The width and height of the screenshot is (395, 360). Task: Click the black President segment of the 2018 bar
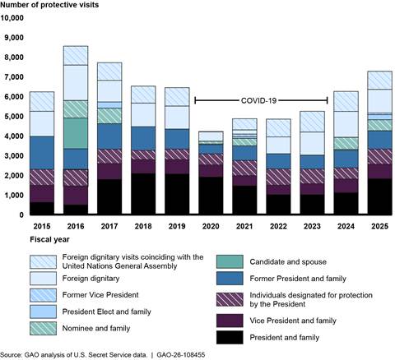point(143,194)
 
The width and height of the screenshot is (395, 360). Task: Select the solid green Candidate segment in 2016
point(76,133)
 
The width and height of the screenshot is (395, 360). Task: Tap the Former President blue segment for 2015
point(42,153)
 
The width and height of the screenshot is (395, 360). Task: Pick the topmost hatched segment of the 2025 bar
point(379,81)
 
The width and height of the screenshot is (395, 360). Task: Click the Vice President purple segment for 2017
point(109,172)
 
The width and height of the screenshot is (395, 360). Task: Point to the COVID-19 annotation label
point(258,100)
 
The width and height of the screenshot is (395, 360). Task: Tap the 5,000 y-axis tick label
point(14,117)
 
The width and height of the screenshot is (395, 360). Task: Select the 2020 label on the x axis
point(211,226)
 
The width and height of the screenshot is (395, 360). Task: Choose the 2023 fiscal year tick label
point(312,226)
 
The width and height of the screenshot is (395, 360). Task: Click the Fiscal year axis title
point(49,239)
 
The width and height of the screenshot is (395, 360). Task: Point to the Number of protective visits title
point(49,5)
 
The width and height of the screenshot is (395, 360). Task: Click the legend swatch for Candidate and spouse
point(230,261)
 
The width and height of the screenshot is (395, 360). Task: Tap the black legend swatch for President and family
point(230,337)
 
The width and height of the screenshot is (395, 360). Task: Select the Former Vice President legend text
point(100,295)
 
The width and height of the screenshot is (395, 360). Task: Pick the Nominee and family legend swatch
point(43,328)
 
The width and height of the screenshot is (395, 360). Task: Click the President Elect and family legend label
point(107,312)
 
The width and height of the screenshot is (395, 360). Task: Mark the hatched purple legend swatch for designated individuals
point(230,299)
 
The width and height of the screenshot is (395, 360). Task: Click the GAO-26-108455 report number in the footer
point(181,355)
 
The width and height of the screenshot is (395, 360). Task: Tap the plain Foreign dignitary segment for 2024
point(346,124)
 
